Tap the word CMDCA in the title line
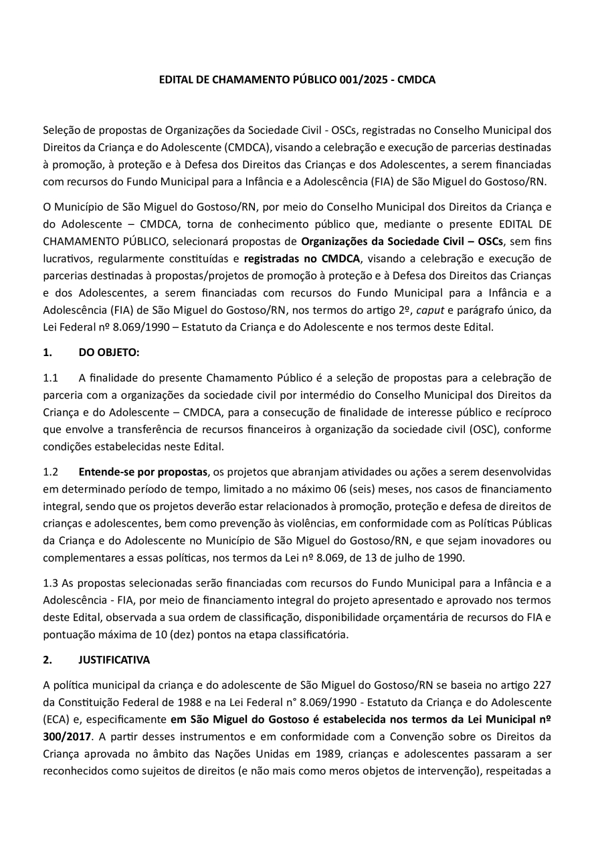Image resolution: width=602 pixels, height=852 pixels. click(417, 80)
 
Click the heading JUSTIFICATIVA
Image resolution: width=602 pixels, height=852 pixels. click(114, 659)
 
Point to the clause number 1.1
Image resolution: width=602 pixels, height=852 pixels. click(51, 377)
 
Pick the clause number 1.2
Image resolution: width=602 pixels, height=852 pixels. click(51, 471)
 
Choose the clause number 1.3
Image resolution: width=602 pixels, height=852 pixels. click(51, 583)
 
